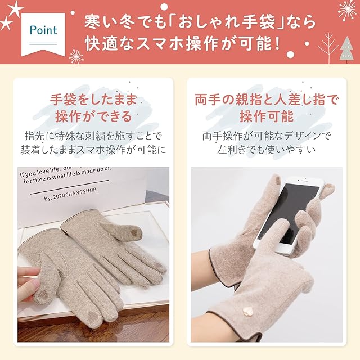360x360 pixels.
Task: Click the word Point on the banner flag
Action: click(43, 30)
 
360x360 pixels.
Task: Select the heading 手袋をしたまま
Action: click(93, 100)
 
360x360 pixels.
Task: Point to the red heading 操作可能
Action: click(267, 116)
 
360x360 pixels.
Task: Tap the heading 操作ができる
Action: click(93, 116)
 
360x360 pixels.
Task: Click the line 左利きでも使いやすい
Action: click(266, 150)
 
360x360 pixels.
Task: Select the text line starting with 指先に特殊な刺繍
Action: click(93, 136)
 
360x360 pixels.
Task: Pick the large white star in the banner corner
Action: click(15, 9)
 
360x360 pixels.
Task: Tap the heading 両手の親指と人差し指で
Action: click(266, 100)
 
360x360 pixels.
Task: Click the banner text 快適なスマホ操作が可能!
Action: click(183, 44)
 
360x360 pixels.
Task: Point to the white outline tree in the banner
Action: click(328, 48)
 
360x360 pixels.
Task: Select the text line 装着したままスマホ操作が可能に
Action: click(93, 150)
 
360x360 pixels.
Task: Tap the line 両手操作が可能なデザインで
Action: click(266, 136)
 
